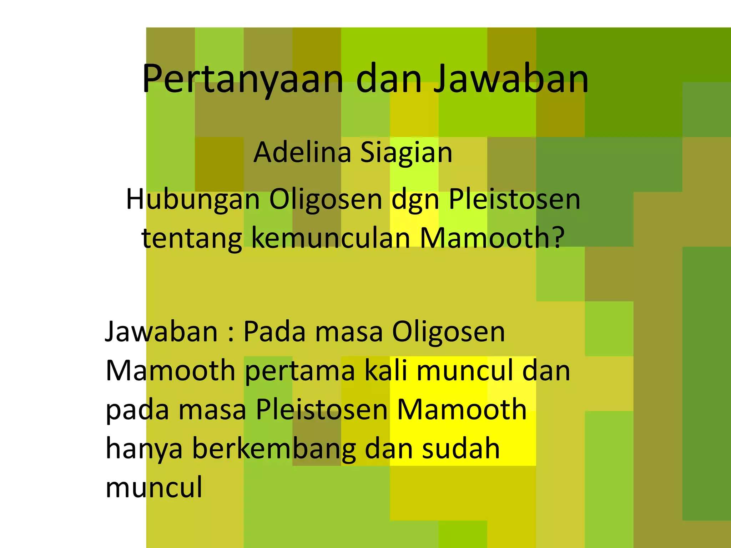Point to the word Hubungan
click(x=193, y=200)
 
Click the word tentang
click(x=192, y=238)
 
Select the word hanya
click(x=144, y=450)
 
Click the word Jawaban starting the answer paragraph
click(x=161, y=332)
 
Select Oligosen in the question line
click(x=326, y=200)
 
